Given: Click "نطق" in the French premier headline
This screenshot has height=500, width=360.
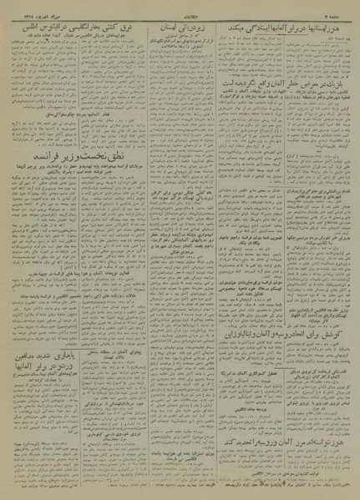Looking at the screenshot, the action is (98, 156).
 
